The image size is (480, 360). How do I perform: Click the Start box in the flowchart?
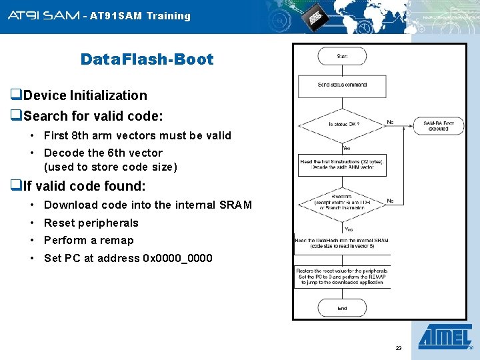click(x=342, y=57)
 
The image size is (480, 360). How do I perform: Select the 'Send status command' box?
click(x=342, y=85)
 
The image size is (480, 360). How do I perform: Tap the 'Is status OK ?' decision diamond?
click(x=342, y=124)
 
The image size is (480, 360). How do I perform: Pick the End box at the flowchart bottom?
click(x=342, y=309)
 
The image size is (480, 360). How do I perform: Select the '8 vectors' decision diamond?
click(x=342, y=201)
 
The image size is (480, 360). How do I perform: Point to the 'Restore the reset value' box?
click(x=342, y=276)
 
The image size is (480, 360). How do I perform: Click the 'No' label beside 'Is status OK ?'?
click(x=391, y=122)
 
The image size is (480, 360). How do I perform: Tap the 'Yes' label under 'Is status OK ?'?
click(x=347, y=148)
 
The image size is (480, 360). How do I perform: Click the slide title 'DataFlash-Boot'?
click(x=147, y=59)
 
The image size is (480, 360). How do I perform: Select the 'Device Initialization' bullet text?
click(x=85, y=95)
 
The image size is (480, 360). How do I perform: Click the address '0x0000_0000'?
click(x=177, y=258)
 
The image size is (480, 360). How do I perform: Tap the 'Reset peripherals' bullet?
click(x=91, y=223)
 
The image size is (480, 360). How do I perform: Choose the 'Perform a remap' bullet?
click(x=89, y=241)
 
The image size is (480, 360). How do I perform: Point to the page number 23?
click(x=399, y=348)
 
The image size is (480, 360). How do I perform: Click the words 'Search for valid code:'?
click(x=93, y=116)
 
